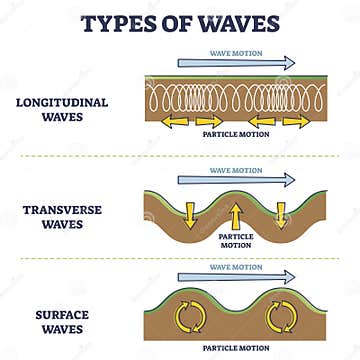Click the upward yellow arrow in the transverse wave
236,214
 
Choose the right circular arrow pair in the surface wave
279,316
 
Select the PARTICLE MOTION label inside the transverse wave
236,240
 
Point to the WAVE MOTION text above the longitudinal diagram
236,52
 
